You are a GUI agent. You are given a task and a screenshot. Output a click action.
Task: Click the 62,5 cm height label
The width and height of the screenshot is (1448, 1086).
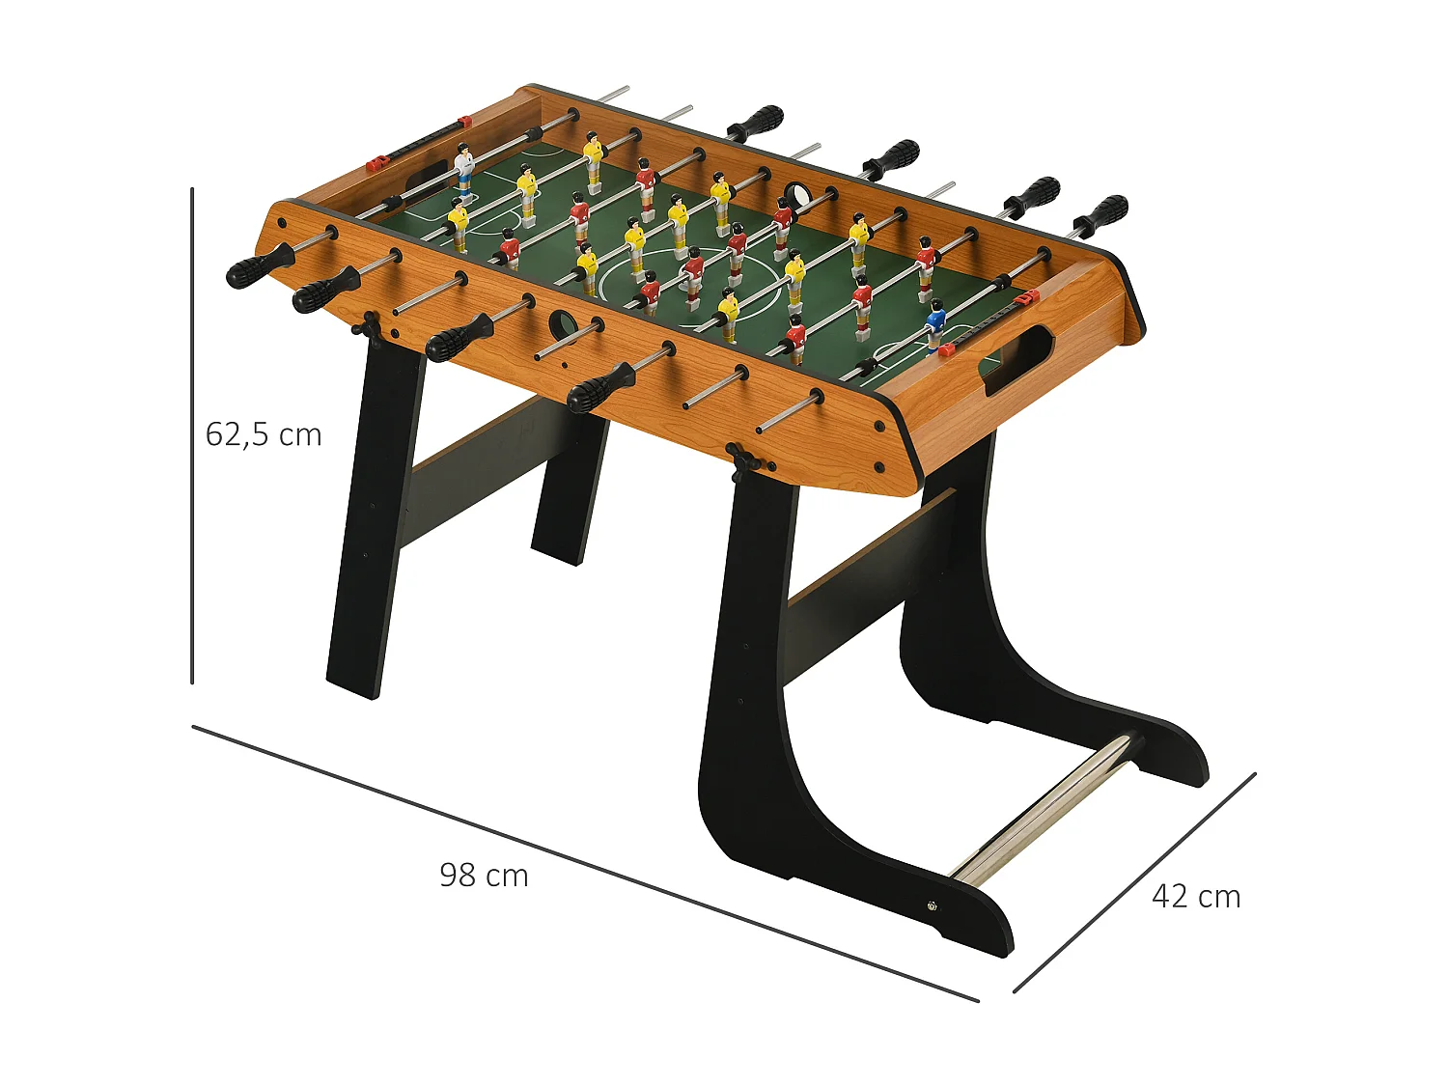pos(264,435)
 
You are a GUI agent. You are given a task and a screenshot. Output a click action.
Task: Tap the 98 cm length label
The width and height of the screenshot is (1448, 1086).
pos(484,876)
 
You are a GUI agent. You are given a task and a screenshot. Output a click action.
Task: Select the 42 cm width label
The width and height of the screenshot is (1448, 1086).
pos(1196,897)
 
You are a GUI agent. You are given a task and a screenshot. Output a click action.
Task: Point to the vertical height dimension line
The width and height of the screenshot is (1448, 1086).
pos(192,434)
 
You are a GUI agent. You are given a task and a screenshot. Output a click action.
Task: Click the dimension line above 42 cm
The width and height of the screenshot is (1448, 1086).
pos(1134,882)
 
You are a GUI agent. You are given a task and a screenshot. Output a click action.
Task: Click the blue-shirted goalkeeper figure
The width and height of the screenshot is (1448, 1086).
pos(934,324)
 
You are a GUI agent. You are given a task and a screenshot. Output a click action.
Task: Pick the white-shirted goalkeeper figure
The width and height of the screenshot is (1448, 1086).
pos(464,168)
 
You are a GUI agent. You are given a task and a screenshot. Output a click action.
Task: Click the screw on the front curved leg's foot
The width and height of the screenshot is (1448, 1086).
pos(932,905)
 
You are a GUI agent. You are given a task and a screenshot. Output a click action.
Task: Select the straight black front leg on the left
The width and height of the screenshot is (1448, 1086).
pos(375,521)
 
